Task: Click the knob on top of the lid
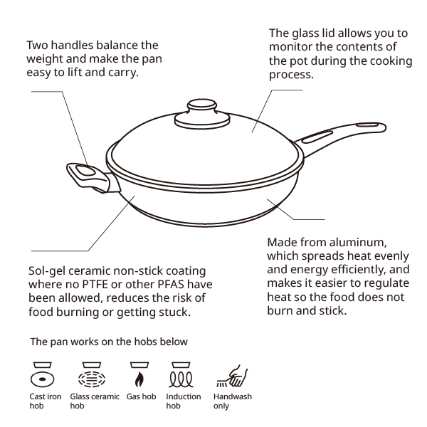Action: point(202,115)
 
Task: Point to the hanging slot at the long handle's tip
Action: point(367,125)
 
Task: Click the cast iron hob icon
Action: point(42,375)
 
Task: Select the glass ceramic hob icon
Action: point(92,375)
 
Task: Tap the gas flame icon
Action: point(139,375)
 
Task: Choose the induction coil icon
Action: point(181,375)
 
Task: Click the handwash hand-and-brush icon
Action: point(232,376)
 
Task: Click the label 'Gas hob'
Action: point(141,396)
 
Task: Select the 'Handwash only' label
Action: point(233,401)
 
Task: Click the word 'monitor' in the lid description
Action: point(290,46)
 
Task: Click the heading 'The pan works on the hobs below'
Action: point(109,342)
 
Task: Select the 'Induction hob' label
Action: point(184,401)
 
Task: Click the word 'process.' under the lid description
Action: point(291,75)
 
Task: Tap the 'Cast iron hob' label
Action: point(46,401)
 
